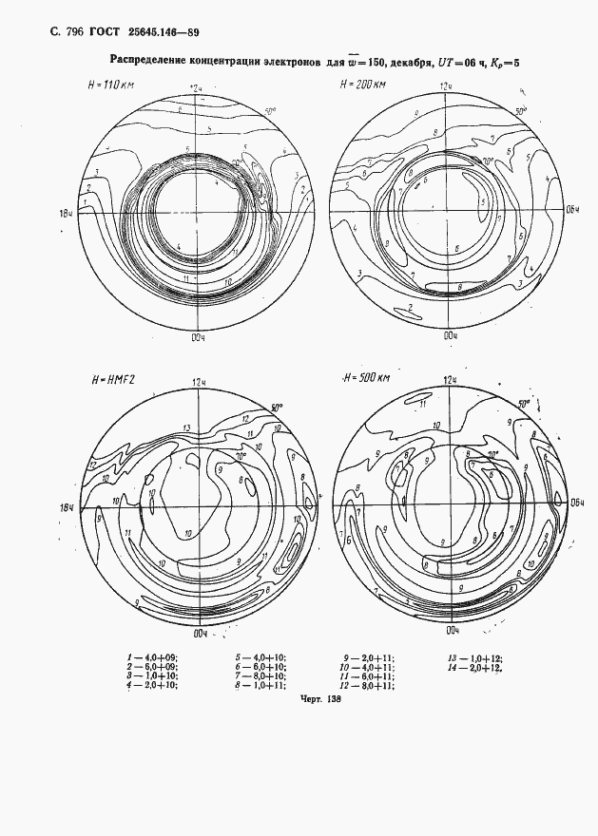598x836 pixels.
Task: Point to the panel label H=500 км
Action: click(366, 378)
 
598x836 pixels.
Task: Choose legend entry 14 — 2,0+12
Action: click(475, 666)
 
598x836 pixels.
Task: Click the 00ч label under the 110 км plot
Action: click(198, 335)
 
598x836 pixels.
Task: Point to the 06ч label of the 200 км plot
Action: click(573, 209)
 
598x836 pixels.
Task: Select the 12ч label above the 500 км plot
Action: click(450, 380)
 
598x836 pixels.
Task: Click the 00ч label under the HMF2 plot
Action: click(199, 631)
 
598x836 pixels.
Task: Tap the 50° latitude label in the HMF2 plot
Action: click(275, 406)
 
